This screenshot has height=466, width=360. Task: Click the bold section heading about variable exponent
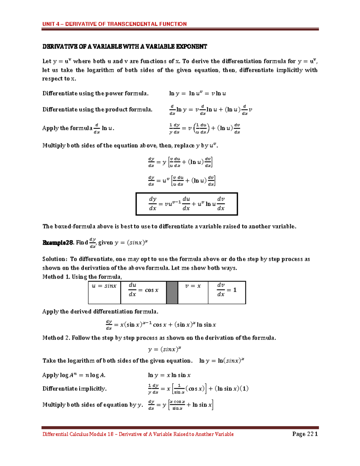pyautogui.click(x=124, y=47)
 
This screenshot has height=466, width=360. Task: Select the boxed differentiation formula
pyautogui.click(x=187, y=204)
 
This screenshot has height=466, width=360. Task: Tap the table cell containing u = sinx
pyautogui.click(x=104, y=292)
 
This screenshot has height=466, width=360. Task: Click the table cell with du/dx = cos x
pyautogui.click(x=143, y=292)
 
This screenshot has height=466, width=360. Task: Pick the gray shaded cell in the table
pyautogui.click(x=172, y=292)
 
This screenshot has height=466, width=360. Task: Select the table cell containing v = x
pyautogui.click(x=193, y=292)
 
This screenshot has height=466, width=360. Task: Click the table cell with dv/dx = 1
pyautogui.click(x=226, y=292)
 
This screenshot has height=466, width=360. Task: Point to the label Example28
pyautogui.click(x=58, y=243)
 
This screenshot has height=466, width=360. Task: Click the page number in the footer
pyautogui.click(x=305, y=434)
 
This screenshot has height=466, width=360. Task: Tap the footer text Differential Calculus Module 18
pyautogui.click(x=79, y=434)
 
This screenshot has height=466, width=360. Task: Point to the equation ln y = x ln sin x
pyautogui.click(x=169, y=375)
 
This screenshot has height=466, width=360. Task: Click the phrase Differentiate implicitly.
pyautogui.click(x=74, y=389)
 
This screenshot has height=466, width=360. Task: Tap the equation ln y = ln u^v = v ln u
pyautogui.click(x=197, y=94)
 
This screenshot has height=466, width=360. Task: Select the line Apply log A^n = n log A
pyautogui.click(x=74, y=375)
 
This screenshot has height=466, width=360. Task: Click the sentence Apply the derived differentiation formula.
pyautogui.click(x=100, y=311)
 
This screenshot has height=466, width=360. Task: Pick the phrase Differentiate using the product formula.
pyautogui.click(x=97, y=110)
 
